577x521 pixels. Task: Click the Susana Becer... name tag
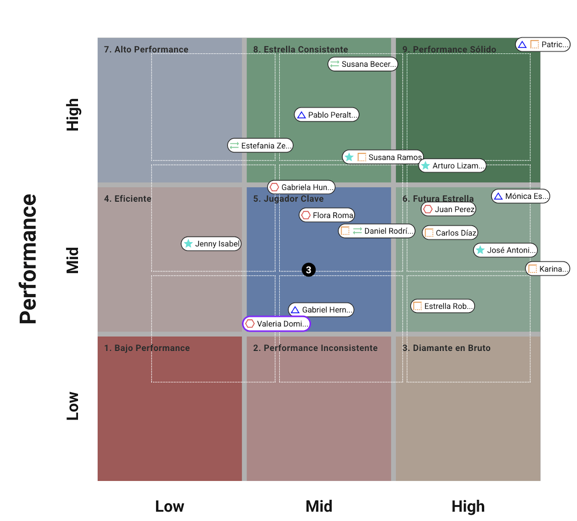(363, 64)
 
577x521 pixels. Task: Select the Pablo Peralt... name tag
(327, 115)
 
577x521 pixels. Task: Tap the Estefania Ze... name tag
(261, 146)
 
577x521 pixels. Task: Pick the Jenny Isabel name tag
(211, 244)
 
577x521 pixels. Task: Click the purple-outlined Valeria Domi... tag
(277, 324)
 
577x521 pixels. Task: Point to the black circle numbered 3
(309, 270)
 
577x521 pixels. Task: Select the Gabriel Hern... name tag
(321, 310)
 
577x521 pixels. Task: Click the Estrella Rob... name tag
(443, 306)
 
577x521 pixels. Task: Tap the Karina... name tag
(548, 269)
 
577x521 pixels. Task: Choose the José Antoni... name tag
(505, 250)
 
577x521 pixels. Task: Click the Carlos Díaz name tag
(450, 233)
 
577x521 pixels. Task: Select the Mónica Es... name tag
(521, 196)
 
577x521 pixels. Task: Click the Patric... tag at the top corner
(543, 45)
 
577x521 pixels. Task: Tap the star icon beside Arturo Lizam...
(426, 166)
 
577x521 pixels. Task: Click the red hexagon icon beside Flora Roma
(306, 215)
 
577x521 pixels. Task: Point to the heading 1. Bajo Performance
(147, 348)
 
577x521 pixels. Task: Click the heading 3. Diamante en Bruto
(446, 348)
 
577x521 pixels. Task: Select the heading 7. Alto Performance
(146, 50)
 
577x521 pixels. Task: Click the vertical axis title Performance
(28, 259)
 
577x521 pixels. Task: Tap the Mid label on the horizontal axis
(319, 507)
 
